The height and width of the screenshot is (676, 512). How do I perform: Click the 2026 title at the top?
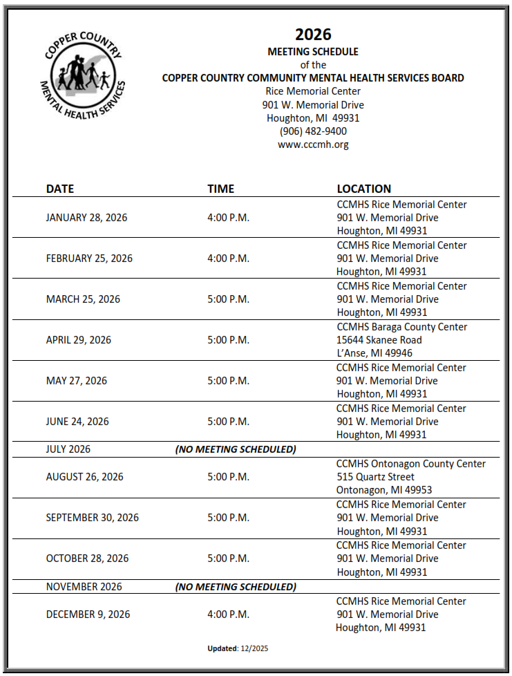(313, 35)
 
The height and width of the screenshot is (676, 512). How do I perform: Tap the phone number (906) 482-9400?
(313, 131)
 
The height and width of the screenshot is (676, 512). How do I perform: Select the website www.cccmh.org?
(313, 144)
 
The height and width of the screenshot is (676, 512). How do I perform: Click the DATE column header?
(60, 189)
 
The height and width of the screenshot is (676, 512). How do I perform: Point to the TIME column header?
(220, 189)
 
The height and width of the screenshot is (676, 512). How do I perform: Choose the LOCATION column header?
(363, 189)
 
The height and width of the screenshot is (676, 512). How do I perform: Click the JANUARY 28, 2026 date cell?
(86, 218)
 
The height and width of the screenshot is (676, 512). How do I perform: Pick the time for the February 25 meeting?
(228, 259)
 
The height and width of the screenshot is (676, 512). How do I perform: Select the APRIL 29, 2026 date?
(78, 340)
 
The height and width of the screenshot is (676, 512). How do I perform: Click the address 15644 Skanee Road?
(379, 340)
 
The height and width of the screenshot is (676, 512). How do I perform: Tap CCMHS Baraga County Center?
(401, 327)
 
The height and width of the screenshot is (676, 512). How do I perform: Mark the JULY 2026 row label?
(68, 449)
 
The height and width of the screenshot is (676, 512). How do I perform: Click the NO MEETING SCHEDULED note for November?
(235, 587)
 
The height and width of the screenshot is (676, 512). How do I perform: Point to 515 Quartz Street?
(375, 477)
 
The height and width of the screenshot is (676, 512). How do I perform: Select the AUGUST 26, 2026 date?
(84, 477)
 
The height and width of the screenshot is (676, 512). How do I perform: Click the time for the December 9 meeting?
(228, 614)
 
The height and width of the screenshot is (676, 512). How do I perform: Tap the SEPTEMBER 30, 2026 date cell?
(92, 518)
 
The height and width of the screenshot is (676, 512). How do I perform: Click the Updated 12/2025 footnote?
(238, 648)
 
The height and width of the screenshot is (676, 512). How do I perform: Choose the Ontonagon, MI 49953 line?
(384, 490)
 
